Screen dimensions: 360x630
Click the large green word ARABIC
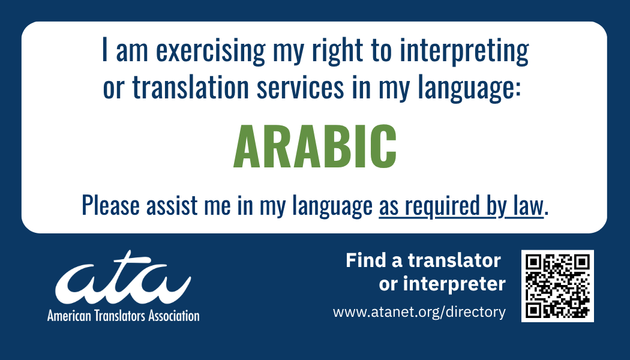click(x=314, y=147)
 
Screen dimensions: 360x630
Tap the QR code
click(x=557, y=286)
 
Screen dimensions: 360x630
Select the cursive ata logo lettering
click(x=122, y=283)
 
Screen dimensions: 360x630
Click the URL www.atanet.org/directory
click(x=419, y=312)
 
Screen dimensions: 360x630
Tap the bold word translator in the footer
click(x=454, y=260)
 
